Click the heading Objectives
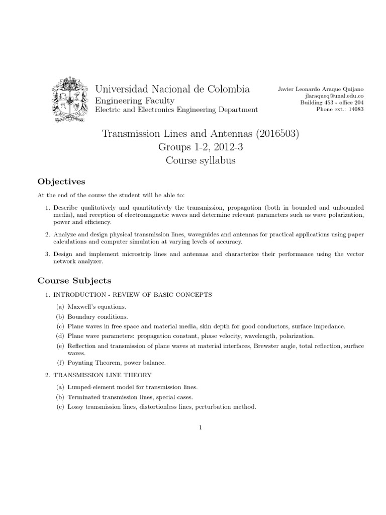click(62, 181)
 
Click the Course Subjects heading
click(75, 280)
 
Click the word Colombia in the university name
click(224, 90)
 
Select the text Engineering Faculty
click(135, 101)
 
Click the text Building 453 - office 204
click(332, 103)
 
